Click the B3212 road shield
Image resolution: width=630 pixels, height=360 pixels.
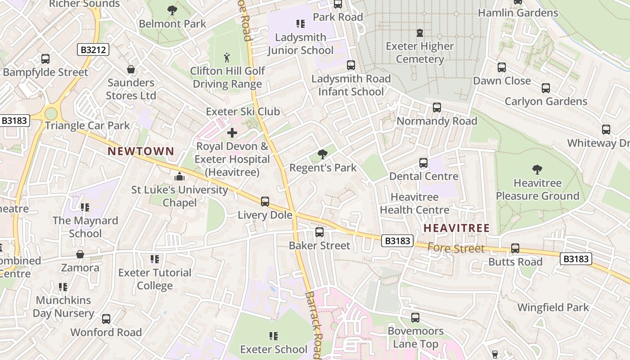(93, 49)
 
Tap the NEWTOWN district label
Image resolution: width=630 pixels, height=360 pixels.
(141, 151)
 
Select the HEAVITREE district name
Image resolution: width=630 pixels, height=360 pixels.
(456, 228)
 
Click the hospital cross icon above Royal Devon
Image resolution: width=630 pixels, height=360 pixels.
(232, 133)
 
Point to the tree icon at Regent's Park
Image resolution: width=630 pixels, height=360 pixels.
(322, 154)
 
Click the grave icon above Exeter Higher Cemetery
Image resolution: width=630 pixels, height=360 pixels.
(420, 32)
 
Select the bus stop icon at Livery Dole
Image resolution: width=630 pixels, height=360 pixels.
(265, 201)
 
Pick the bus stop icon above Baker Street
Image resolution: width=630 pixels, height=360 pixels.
(319, 232)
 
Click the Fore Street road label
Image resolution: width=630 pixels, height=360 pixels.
(456, 248)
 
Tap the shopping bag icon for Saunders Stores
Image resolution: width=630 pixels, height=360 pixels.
(131, 69)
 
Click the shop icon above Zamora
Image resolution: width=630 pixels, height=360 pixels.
(80, 255)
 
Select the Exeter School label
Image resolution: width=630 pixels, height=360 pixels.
(274, 349)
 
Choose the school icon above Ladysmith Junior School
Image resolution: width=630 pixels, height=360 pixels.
(300, 23)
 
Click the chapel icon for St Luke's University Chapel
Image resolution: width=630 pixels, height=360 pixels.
(179, 176)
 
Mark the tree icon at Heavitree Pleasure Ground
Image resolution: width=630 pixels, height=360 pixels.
(537, 170)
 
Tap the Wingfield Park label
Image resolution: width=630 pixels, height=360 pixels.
(553, 307)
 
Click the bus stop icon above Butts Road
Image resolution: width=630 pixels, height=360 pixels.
(515, 248)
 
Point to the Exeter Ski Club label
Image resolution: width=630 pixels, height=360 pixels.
(243, 111)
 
